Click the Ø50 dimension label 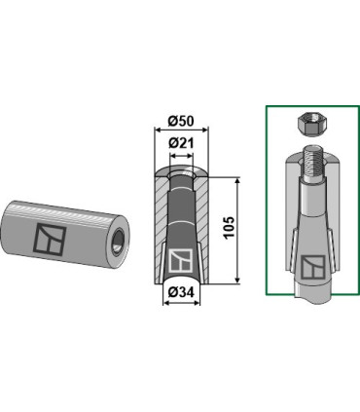[x=181, y=121]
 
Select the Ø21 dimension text [x=181, y=143]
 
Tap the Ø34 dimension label [x=181, y=292]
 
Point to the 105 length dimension [x=229, y=228]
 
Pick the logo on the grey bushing [x=50, y=239]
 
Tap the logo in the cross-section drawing [x=181, y=260]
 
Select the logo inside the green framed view [x=313, y=267]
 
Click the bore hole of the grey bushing [x=118, y=242]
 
